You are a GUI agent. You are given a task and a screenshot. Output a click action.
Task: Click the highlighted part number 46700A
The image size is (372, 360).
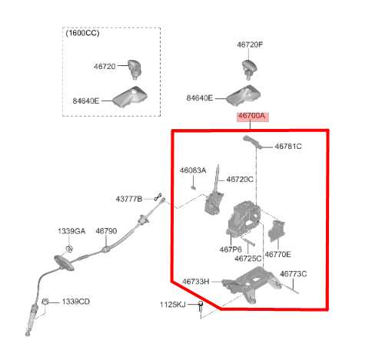[x=252, y=116]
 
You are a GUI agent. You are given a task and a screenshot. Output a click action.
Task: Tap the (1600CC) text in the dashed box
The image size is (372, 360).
[x=82, y=33]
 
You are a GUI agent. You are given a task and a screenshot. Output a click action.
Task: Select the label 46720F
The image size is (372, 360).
[x=250, y=45]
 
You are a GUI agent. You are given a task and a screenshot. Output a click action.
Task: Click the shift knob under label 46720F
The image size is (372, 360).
[x=250, y=68]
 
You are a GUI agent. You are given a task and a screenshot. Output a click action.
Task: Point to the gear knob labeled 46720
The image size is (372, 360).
[x=135, y=69]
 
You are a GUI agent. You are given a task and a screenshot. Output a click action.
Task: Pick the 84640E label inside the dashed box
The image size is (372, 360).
[x=85, y=101]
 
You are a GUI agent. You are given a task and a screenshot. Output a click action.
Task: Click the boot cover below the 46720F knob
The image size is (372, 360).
[x=244, y=95]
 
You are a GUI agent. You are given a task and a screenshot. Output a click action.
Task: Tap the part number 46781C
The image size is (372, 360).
[x=288, y=147]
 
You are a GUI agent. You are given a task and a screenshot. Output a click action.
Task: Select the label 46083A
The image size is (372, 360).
[x=193, y=170]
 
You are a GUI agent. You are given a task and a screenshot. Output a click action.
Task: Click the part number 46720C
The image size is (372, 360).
[x=240, y=180]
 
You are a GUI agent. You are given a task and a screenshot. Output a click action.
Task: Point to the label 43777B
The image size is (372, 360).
[x=129, y=199]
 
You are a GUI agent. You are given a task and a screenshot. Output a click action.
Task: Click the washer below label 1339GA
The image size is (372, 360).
[x=69, y=249]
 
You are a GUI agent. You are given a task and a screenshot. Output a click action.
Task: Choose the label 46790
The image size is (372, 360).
[x=106, y=231]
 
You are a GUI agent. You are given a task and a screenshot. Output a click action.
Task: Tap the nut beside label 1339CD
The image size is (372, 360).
[x=45, y=302]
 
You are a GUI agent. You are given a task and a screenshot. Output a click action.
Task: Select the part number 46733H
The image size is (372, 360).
[x=196, y=282]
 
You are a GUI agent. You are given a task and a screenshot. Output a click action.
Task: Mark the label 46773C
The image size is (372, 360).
[x=293, y=274]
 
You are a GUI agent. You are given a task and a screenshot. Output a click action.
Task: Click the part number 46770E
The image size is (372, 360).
[x=277, y=255]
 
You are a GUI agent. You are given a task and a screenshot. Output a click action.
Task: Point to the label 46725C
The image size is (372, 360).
[x=248, y=259]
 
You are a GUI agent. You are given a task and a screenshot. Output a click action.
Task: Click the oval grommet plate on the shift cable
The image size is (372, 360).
[x=64, y=263]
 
